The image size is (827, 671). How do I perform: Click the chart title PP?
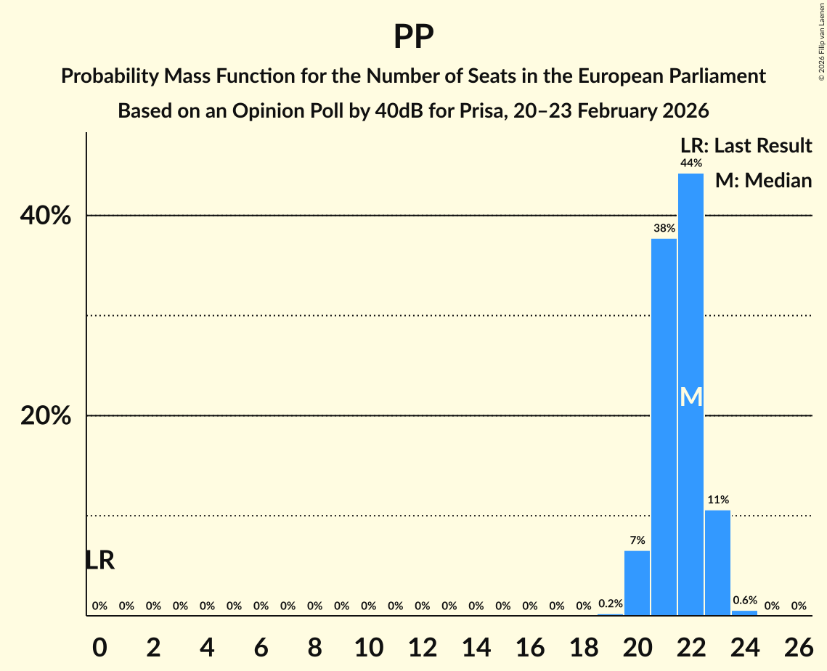[x=413, y=36]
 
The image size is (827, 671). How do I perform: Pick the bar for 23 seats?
[x=717, y=563]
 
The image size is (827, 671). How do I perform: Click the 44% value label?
[x=690, y=163]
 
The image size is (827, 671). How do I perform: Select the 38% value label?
[x=664, y=228]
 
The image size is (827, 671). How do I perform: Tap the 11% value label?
[x=717, y=500]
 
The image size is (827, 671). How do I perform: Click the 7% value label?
[x=637, y=540]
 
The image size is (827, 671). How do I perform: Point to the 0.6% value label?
[x=744, y=601]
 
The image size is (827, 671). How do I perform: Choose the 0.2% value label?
[x=611, y=603]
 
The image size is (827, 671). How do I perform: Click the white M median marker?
[x=691, y=396]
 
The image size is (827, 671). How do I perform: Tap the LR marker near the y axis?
[x=99, y=560]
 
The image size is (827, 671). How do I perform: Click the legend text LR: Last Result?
[x=746, y=146]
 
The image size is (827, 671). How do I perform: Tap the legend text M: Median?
[x=763, y=180]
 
